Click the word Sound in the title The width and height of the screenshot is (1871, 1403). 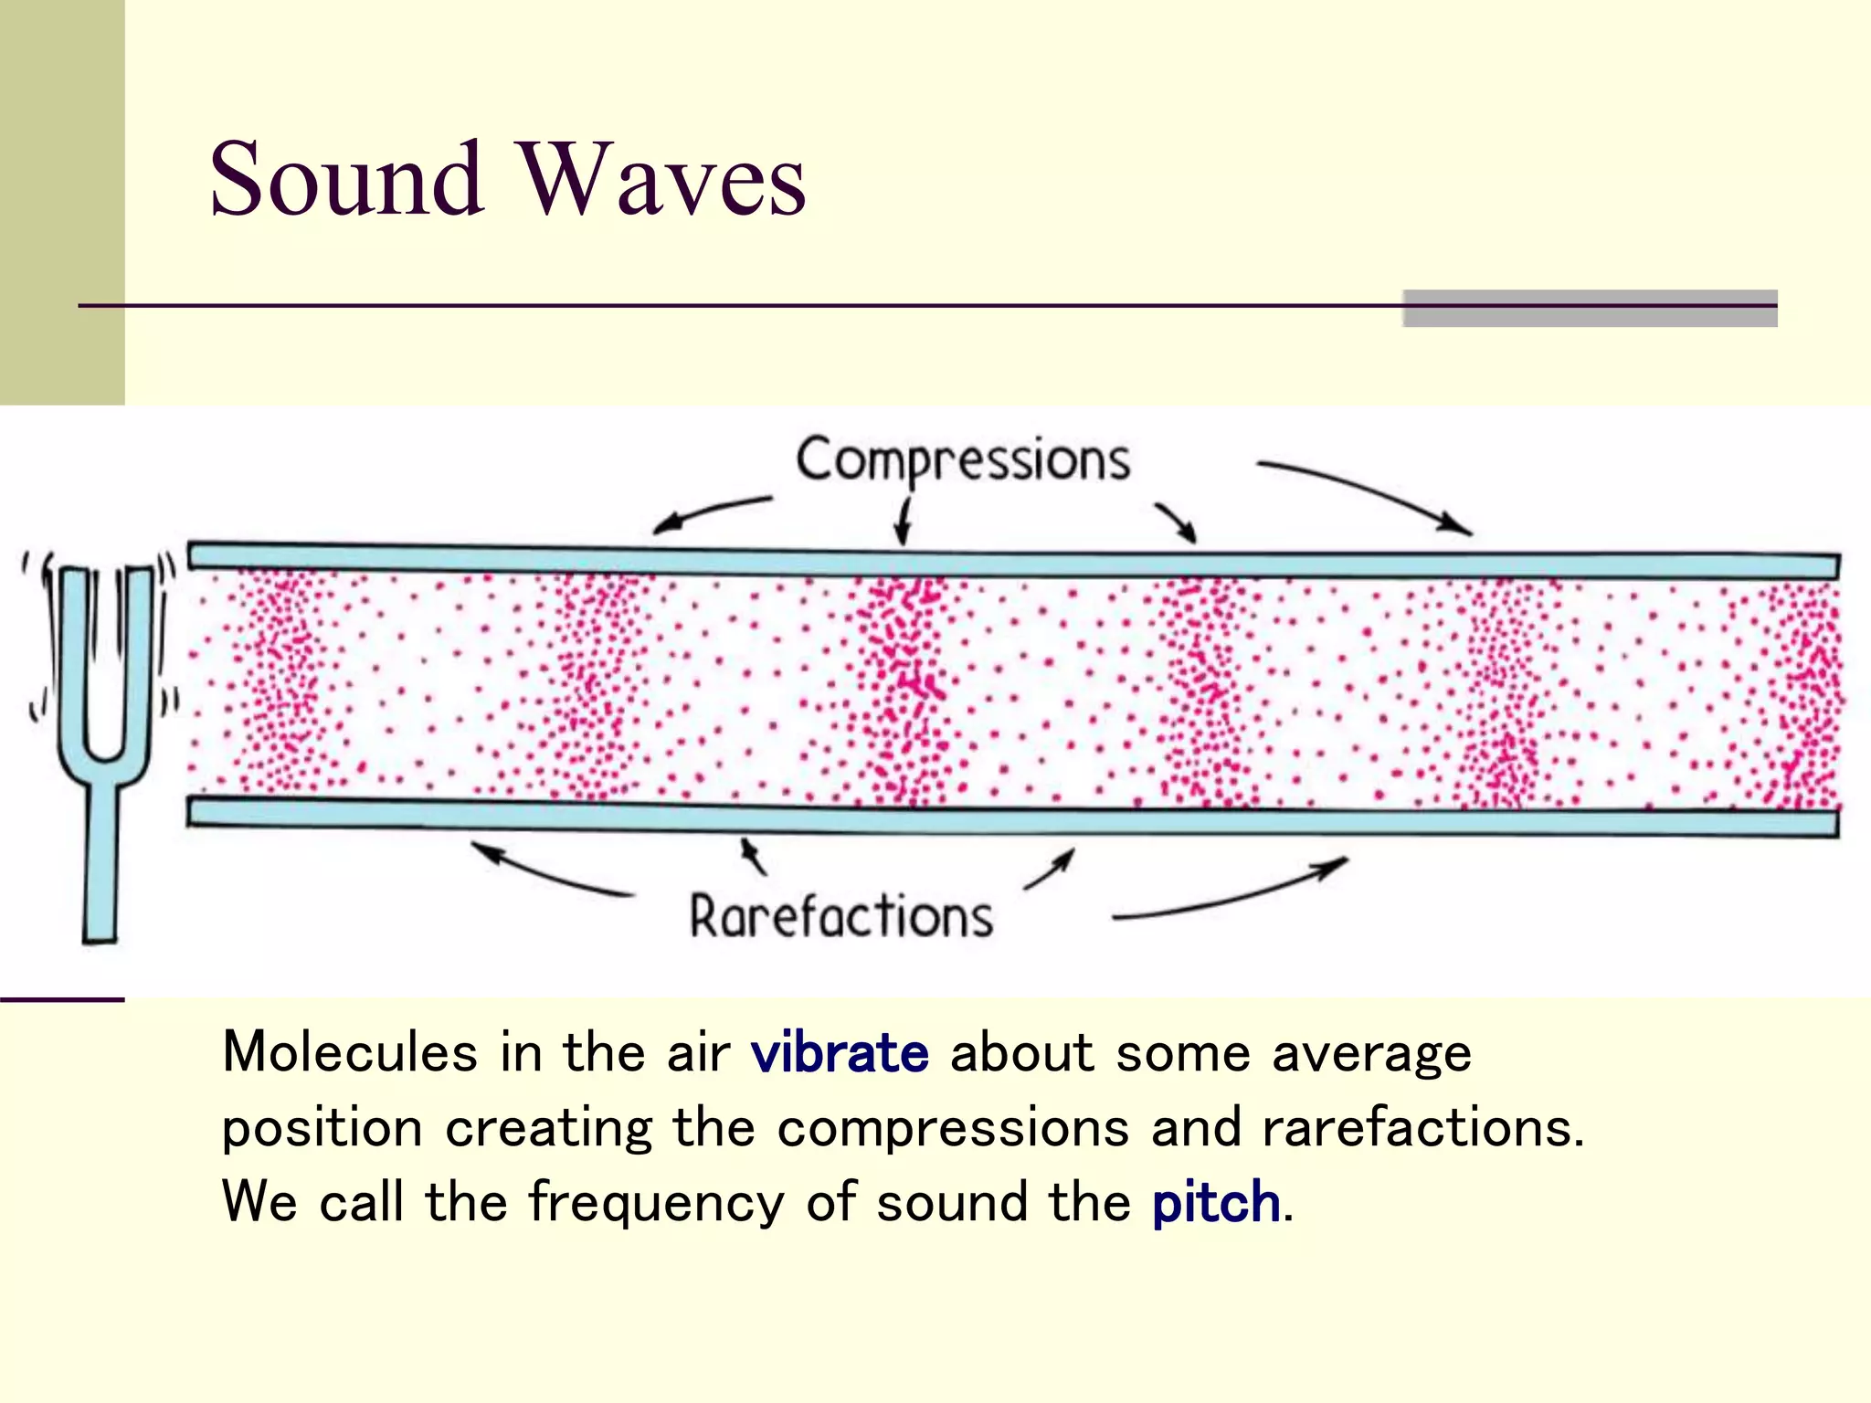[346, 179]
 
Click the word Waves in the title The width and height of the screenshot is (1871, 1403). [663, 179]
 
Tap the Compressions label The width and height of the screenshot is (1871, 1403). [963, 459]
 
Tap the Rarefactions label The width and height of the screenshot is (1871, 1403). [840, 917]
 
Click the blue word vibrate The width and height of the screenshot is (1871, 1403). [840, 1053]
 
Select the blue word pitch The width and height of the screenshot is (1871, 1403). [1216, 1203]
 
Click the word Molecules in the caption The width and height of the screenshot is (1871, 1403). [350, 1052]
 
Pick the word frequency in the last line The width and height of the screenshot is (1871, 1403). [657, 1203]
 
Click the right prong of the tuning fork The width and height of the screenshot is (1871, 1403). [137, 658]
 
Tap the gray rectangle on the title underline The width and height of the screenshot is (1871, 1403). [1590, 309]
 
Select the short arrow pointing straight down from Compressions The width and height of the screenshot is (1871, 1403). [904, 521]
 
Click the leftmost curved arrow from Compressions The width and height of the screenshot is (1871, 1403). [708, 512]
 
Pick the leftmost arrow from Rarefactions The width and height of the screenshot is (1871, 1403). [548, 872]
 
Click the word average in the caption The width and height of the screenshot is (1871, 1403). [1371, 1053]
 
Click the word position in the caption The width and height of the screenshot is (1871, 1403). [322, 1130]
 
